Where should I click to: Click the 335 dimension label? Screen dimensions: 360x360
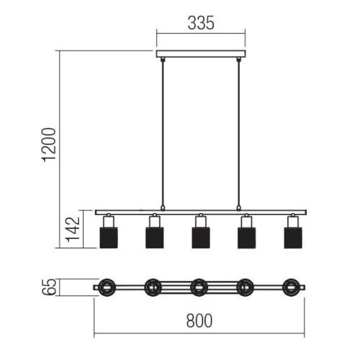coord(201,23)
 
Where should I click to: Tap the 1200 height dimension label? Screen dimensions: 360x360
coord(49,145)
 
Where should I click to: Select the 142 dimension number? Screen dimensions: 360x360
coord(73,229)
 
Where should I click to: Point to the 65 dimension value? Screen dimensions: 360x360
coord(49,287)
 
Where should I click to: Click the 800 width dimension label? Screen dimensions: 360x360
coord(199,320)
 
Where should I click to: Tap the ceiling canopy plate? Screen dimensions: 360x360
coord(201,54)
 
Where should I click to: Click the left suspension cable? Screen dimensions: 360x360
coord(163,132)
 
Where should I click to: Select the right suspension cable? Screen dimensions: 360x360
coord(238,132)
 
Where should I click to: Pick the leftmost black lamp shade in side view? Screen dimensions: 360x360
coord(109,238)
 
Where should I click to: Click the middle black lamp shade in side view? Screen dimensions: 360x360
coord(201,238)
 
